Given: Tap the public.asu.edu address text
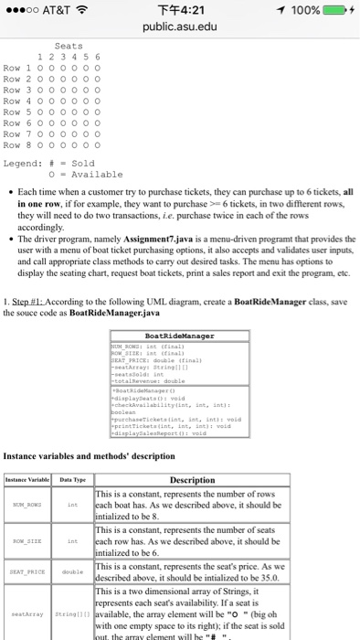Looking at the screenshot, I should click(x=180, y=28).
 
